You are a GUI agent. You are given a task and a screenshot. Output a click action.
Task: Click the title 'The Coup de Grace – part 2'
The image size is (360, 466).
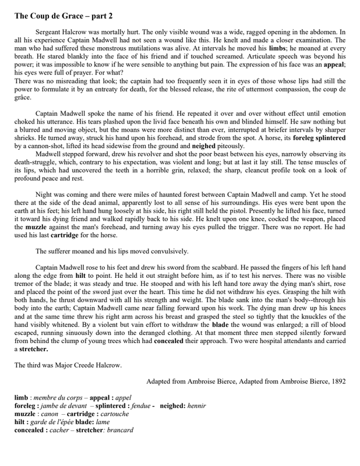click(68, 16)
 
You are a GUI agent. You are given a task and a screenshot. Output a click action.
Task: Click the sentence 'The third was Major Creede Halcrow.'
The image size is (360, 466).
click(68, 365)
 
